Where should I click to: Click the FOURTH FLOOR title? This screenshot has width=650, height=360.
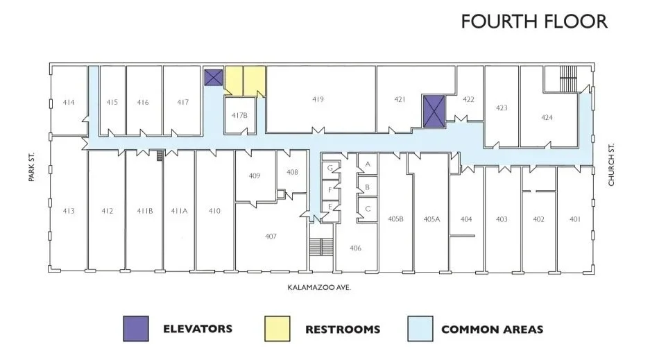[534, 22]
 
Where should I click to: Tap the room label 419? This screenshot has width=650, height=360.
[318, 99]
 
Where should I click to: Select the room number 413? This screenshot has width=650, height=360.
[69, 211]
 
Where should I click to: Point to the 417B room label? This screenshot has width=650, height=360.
[239, 115]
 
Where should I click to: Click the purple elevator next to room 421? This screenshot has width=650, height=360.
[434, 111]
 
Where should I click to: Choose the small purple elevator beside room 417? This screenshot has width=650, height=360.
[214, 78]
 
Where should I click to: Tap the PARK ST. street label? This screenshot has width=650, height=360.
[31, 167]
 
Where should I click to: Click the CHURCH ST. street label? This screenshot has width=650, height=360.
[611, 164]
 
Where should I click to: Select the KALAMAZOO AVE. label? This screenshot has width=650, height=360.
[319, 287]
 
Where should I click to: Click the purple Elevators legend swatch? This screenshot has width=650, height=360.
[136, 329]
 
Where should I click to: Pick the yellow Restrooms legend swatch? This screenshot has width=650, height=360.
[277, 329]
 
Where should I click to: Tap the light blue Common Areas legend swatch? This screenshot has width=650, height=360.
[420, 329]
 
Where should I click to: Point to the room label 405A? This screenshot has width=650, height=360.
[431, 219]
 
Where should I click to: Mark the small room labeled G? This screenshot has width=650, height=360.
[330, 169]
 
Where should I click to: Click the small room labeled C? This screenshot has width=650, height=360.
[367, 209]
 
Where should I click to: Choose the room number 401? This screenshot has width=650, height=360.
[575, 219]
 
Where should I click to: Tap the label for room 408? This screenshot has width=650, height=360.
[292, 172]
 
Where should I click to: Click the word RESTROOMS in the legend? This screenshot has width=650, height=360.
[343, 329]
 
